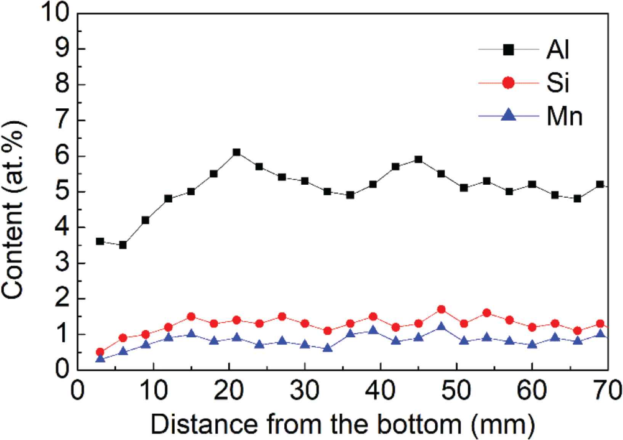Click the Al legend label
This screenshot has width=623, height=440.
pyautogui.click(x=558, y=50)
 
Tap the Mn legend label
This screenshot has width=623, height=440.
pyautogui.click(x=564, y=117)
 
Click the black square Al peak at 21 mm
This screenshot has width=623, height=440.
pyautogui.click(x=236, y=152)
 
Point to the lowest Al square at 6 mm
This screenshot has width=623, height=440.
pyautogui.click(x=123, y=245)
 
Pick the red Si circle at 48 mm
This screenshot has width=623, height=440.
pyautogui.click(x=442, y=309)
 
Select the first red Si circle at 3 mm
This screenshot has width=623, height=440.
pyautogui.click(x=100, y=352)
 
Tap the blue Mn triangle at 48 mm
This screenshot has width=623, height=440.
pyautogui.click(x=442, y=327)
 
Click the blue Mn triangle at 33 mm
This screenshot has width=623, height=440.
pyautogui.click(x=328, y=348)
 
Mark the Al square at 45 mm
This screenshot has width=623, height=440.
pyautogui.click(x=419, y=160)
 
